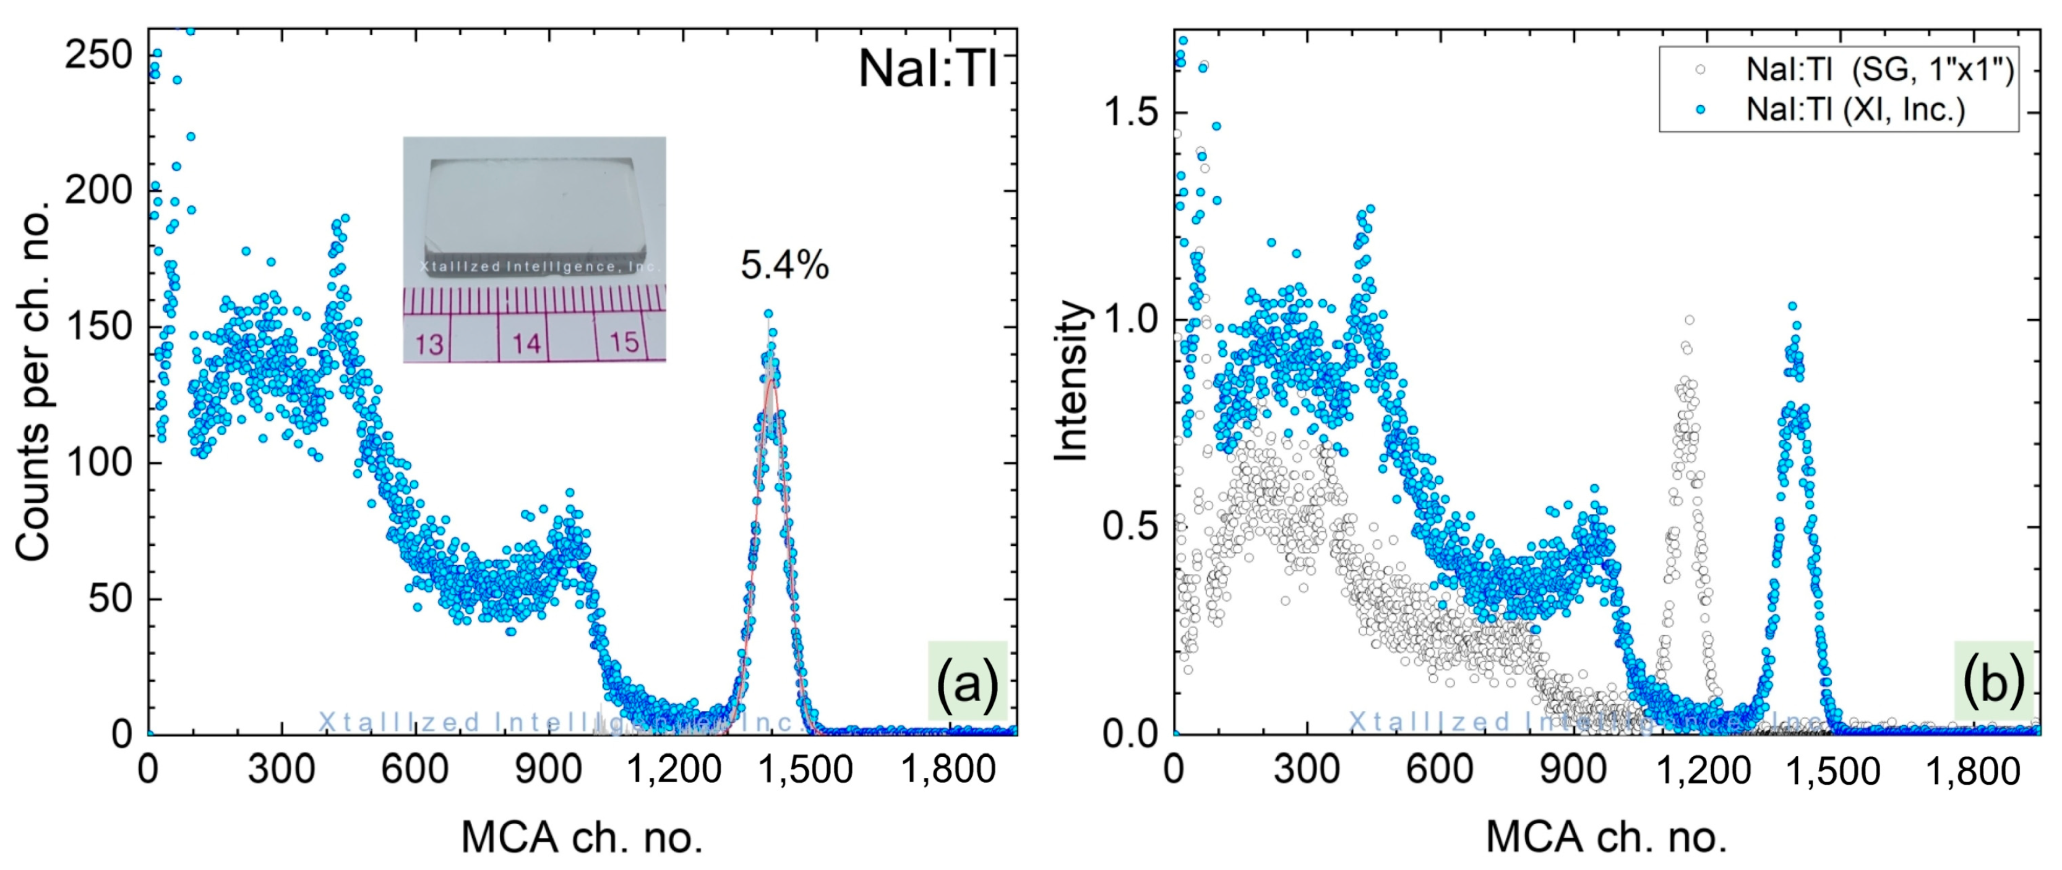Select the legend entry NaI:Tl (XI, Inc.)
[x=1855, y=109]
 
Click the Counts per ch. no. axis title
[x=33, y=381]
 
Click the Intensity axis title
[x=1072, y=381]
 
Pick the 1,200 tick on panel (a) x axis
[x=673, y=770]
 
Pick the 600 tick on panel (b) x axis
[x=1439, y=770]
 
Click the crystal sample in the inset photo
[x=535, y=216]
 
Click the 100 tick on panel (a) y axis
[x=98, y=463]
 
